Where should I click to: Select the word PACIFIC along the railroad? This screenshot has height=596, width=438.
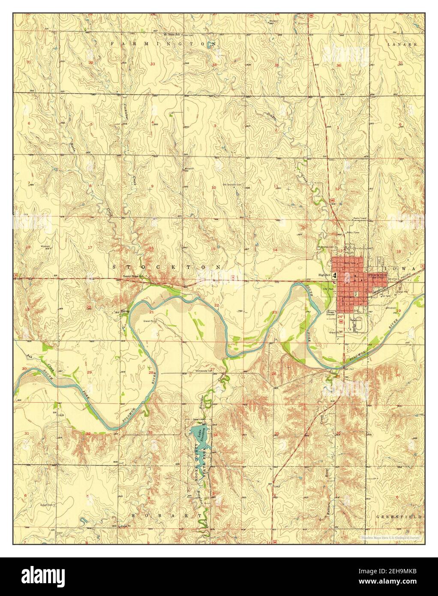pos(393,283)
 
